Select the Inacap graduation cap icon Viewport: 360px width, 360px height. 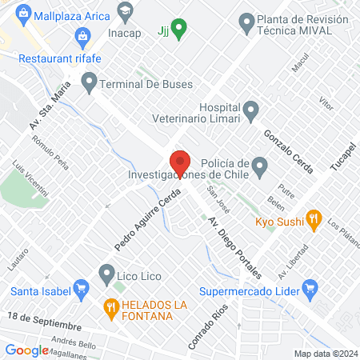click(x=125, y=12)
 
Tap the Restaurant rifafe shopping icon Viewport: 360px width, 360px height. click(x=82, y=36)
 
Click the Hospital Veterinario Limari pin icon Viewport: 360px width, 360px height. click(x=251, y=109)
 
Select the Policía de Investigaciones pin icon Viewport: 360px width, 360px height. click(x=258, y=166)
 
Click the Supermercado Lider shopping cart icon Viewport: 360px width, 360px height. click(x=314, y=286)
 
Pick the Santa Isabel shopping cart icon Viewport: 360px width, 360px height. click(x=80, y=288)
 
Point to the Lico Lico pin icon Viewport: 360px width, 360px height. click(x=106, y=275)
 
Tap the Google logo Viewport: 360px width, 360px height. click(x=26, y=350)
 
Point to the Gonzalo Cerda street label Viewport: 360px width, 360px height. click(x=288, y=148)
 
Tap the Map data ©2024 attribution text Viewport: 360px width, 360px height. click(x=324, y=353)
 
